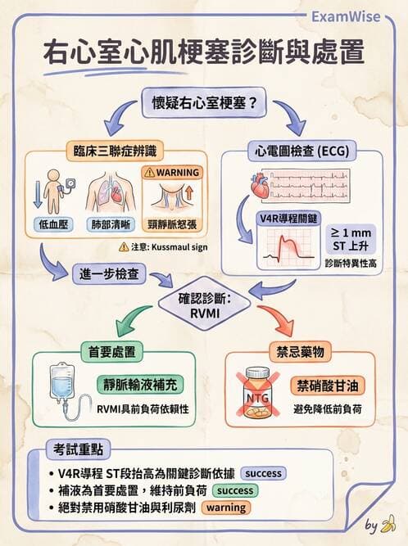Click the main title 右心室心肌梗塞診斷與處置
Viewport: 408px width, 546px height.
(204, 52)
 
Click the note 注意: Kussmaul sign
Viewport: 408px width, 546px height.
(156, 246)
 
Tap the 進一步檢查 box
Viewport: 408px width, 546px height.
(110, 272)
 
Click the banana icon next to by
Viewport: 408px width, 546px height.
(390, 524)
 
